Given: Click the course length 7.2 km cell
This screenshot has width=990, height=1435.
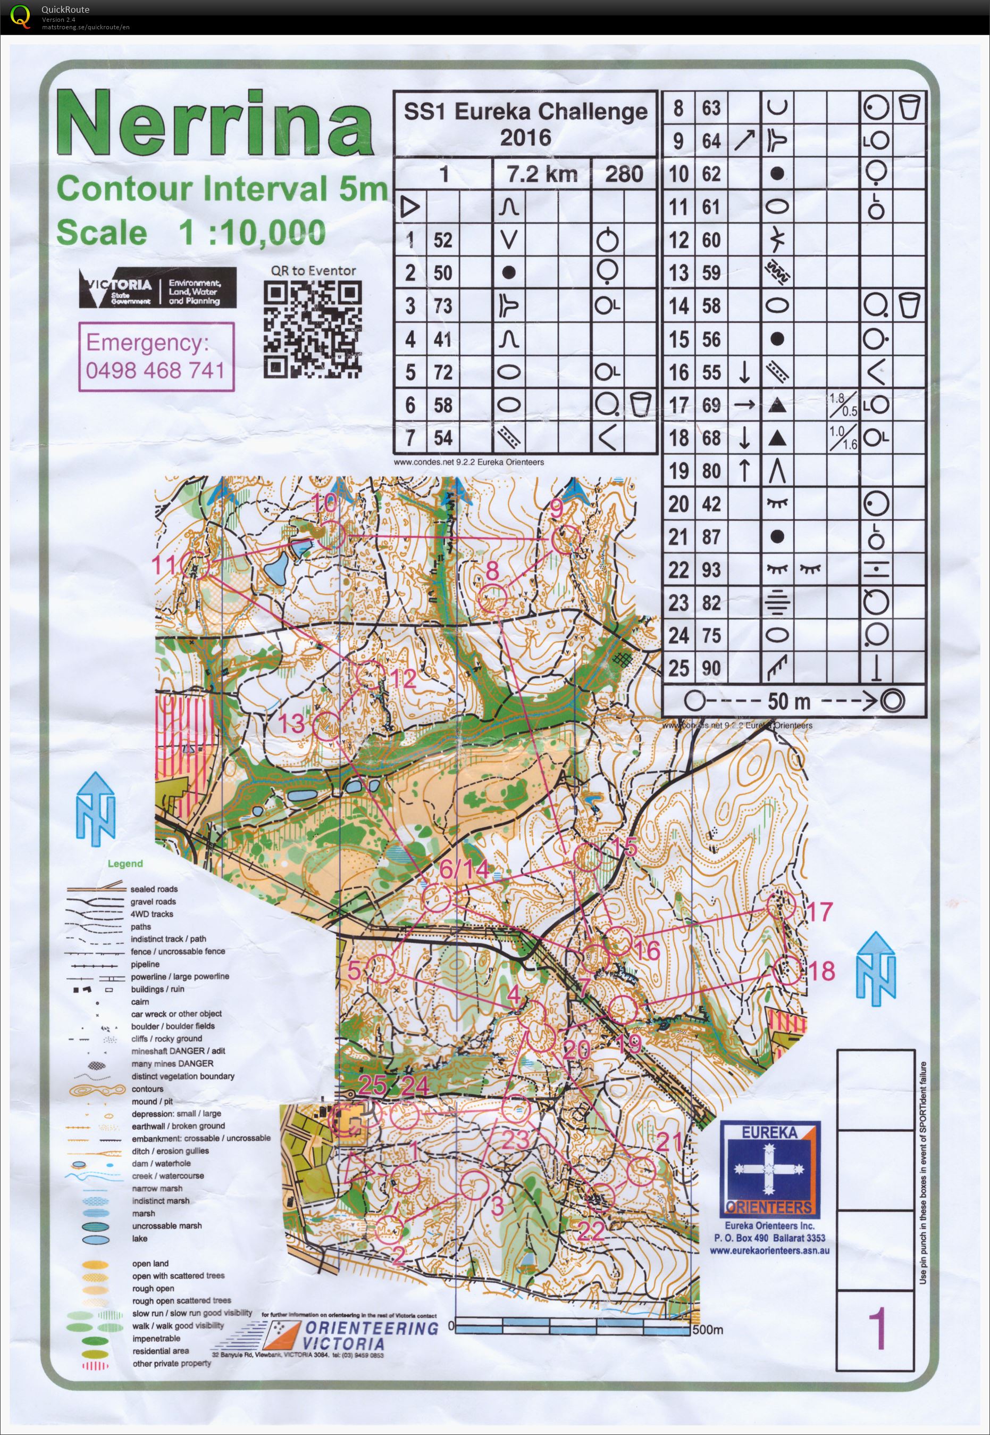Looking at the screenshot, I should pos(541,174).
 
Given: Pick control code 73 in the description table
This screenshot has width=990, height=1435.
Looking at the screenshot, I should pos(442,306).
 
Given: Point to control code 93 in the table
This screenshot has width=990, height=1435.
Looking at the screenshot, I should pos(711,570).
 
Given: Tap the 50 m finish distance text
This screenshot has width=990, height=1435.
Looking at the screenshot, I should pos(788,701).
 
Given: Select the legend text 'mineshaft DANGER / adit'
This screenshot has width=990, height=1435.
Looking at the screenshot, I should pos(178,1051).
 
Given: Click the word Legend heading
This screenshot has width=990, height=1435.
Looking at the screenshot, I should pos(125,864).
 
